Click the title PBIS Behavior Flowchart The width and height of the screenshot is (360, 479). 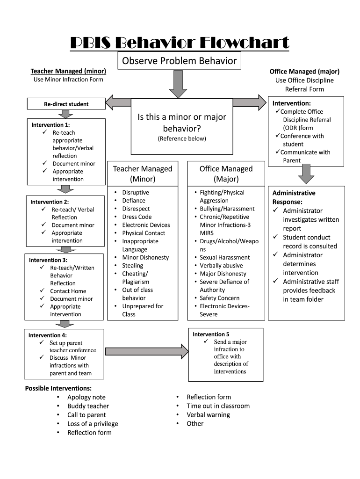180,44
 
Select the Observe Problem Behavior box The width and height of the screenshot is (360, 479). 180,61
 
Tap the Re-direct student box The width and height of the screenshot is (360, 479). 66,104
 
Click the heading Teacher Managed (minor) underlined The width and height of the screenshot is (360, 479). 68,71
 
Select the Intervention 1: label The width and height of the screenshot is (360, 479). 50,125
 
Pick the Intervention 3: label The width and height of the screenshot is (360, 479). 48,260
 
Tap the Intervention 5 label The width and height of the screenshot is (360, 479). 211,334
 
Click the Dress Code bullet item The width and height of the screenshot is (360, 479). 137,217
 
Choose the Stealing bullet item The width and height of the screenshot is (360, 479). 132,266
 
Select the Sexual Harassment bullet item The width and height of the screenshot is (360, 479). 224,257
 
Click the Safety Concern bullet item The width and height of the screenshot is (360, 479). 219,298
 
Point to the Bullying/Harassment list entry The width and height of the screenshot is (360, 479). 227,209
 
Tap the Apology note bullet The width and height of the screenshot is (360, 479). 86,397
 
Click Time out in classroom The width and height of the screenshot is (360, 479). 218,406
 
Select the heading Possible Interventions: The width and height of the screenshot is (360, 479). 58,388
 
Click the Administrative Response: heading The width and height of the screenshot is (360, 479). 294,197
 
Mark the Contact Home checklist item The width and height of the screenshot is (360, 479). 68,291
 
